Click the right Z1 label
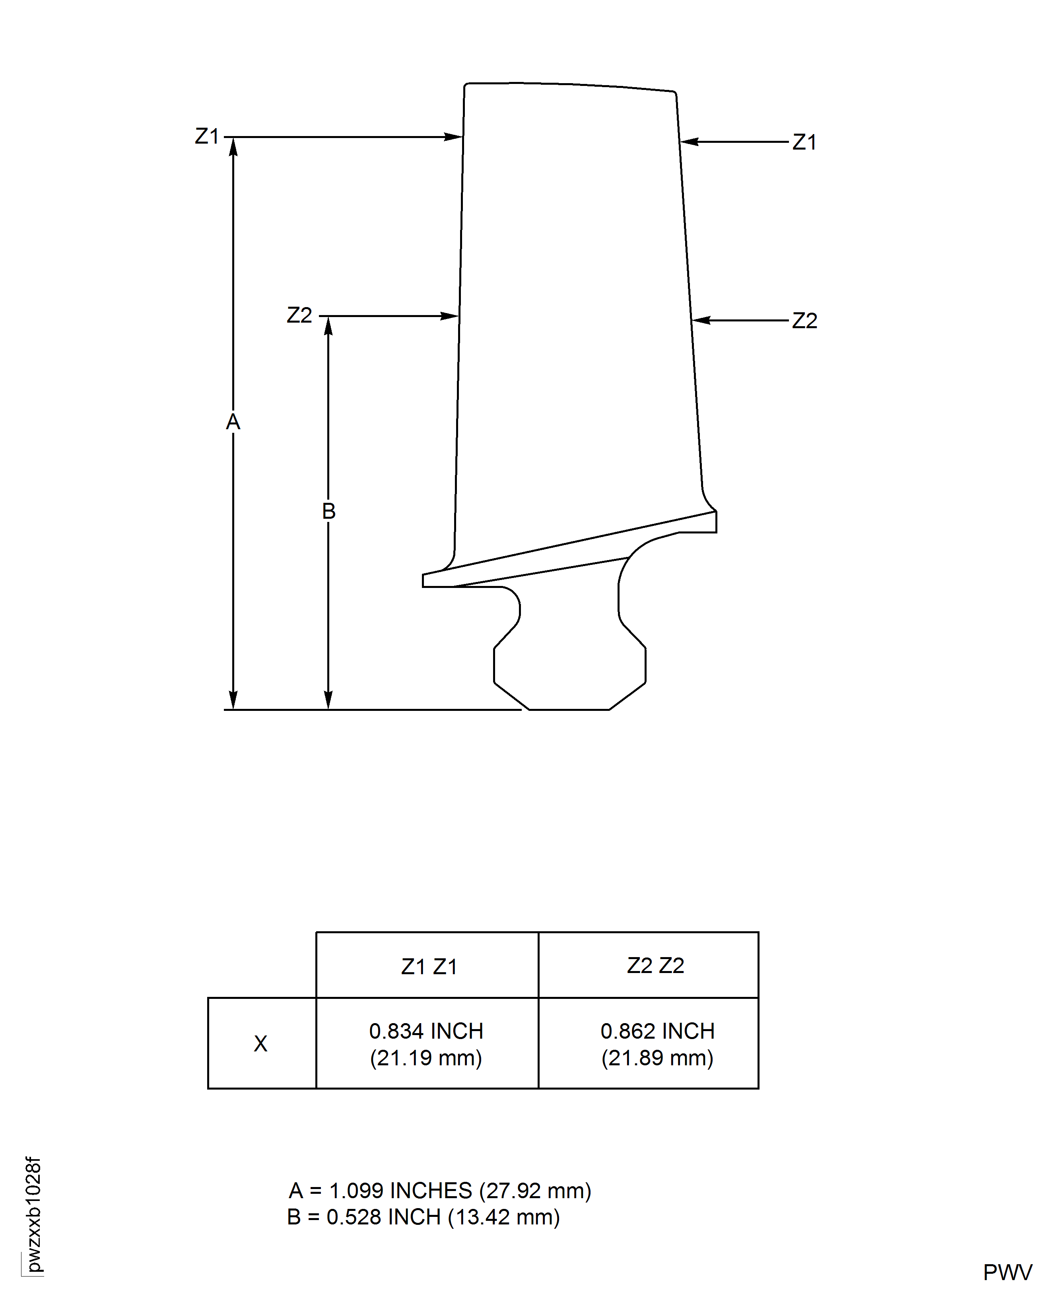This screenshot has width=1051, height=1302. pyautogui.click(x=804, y=142)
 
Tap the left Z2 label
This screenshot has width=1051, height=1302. pyautogui.click(x=299, y=315)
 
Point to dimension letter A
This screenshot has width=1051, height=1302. pyautogui.click(x=233, y=422)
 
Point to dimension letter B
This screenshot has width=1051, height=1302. pyautogui.click(x=328, y=511)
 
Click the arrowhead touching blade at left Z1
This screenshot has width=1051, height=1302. pyautogui.click(x=454, y=137)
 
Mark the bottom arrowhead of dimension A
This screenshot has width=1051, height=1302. pyautogui.click(x=233, y=700)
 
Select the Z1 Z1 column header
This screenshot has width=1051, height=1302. pyautogui.click(x=429, y=967)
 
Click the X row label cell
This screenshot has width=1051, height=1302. pyautogui.click(x=260, y=1043)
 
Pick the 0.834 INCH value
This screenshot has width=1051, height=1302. pyautogui.click(x=426, y=1031)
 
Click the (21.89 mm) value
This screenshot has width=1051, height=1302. pyautogui.click(x=657, y=1058)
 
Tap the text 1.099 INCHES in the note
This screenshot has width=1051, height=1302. pyautogui.click(x=400, y=1191)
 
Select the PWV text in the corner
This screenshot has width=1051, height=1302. pyautogui.click(x=1007, y=1272)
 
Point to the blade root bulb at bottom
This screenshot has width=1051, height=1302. pyautogui.click(x=569, y=666)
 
